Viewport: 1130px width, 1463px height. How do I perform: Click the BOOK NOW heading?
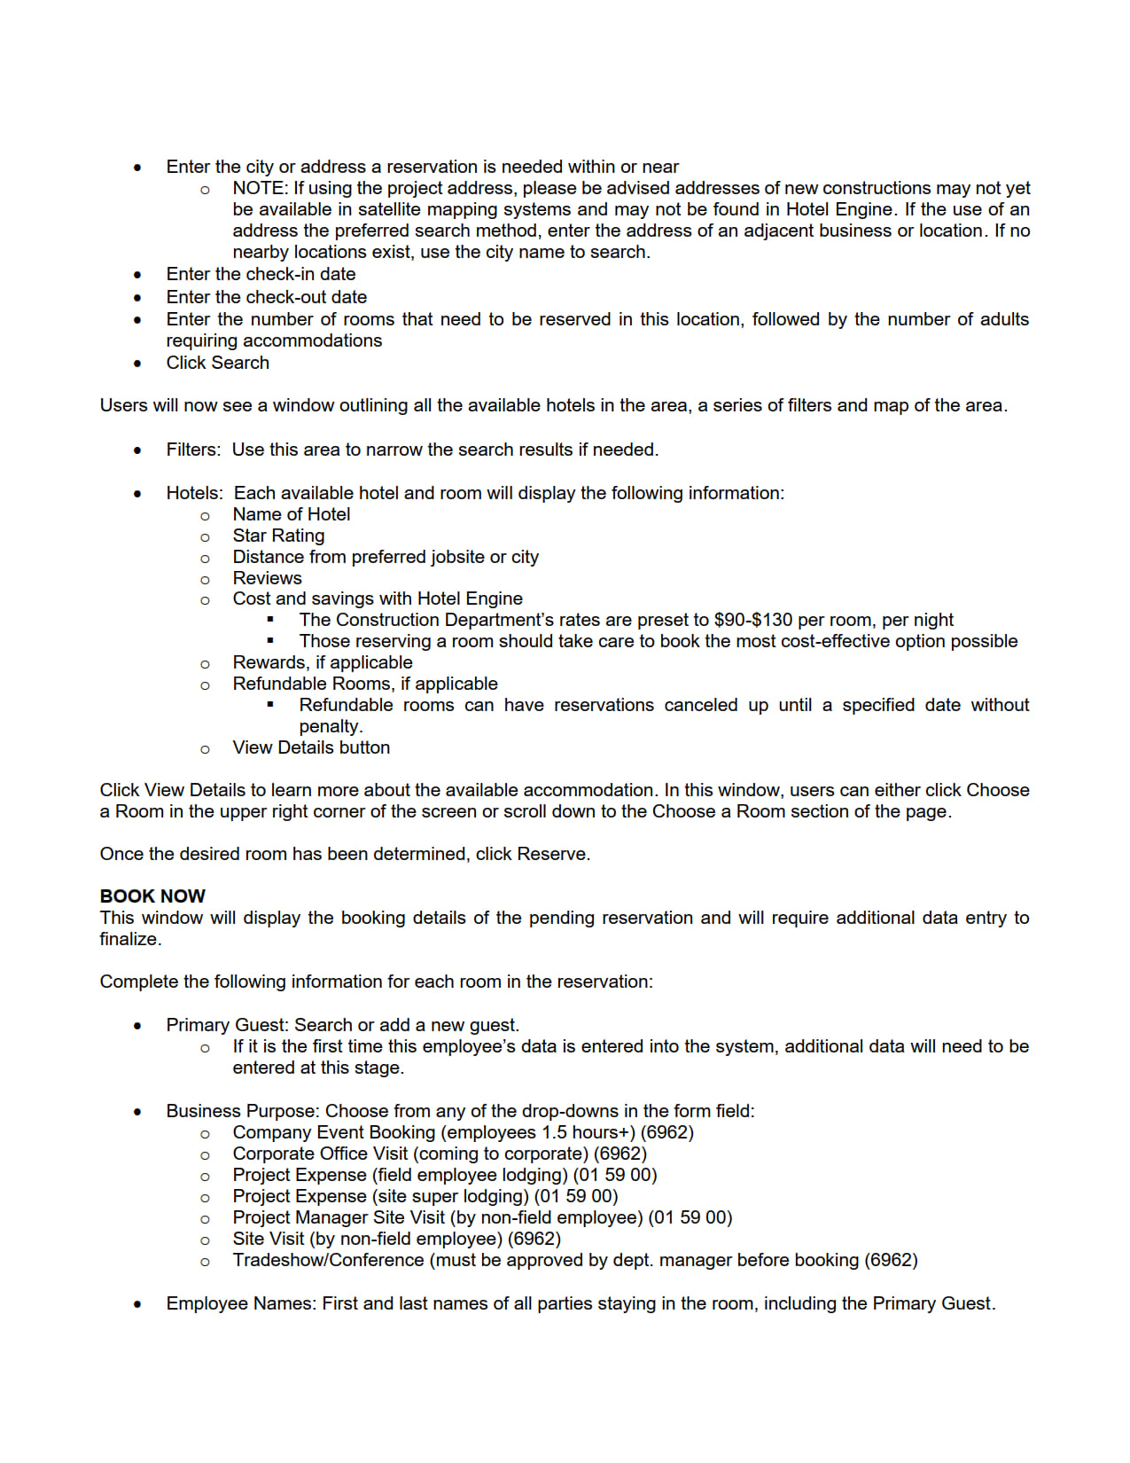(x=152, y=896)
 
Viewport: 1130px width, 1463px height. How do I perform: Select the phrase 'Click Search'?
(x=217, y=363)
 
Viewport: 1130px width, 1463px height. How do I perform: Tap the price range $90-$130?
(x=752, y=620)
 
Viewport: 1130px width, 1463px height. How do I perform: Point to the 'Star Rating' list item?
(x=278, y=536)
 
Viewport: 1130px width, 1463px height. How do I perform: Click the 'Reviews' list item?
(x=267, y=578)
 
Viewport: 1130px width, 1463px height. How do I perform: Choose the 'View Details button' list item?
(x=311, y=747)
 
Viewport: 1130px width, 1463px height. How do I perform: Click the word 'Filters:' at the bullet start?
(x=193, y=450)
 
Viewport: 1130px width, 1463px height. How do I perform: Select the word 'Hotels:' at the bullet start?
(x=194, y=493)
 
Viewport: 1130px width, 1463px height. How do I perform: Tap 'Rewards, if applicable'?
(x=323, y=662)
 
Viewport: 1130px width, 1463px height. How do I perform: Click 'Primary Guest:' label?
(x=227, y=1025)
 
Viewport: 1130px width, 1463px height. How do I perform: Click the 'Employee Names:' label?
(x=241, y=1303)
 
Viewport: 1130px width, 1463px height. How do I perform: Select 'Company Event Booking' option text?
(x=334, y=1132)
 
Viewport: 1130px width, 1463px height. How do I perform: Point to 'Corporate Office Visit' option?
(x=320, y=1154)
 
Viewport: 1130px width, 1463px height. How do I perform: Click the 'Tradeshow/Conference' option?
(x=328, y=1260)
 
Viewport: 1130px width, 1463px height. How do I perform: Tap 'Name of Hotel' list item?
(x=292, y=514)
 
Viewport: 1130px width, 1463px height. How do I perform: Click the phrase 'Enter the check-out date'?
(x=266, y=297)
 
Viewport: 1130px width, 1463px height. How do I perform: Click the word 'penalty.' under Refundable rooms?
(x=331, y=726)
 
